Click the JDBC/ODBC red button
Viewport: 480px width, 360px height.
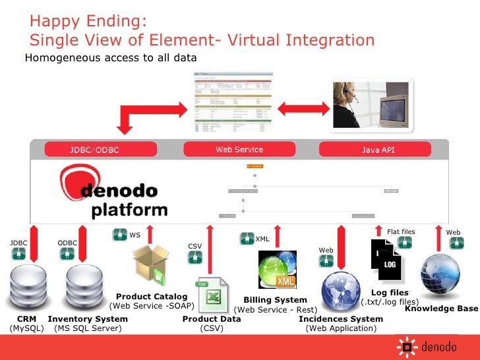click(x=95, y=150)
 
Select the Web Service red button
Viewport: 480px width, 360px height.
click(x=239, y=150)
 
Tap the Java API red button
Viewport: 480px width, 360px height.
click(x=378, y=150)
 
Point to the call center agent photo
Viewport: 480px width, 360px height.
click(x=373, y=104)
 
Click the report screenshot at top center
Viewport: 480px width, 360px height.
click(x=231, y=104)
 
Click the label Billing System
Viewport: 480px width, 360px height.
click(x=275, y=300)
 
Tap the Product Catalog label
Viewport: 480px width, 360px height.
click(x=152, y=297)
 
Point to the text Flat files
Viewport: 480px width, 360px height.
click(x=400, y=231)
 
